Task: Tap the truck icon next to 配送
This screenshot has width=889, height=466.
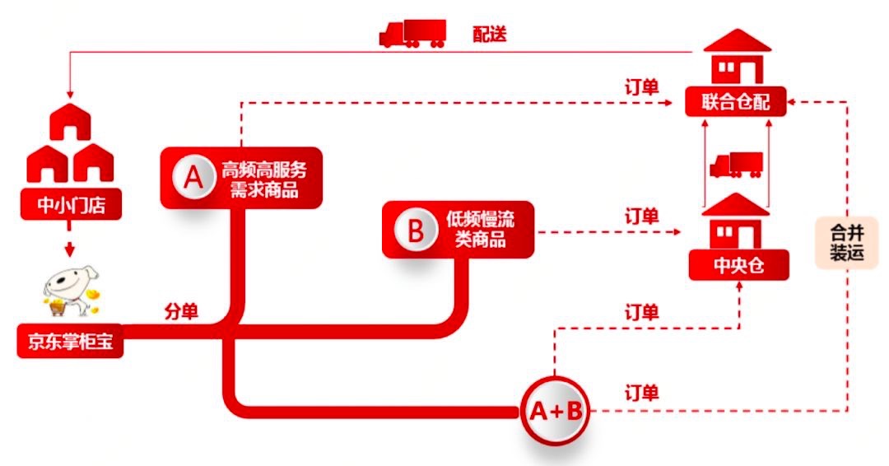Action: (412, 33)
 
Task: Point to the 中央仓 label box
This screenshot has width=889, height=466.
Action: (738, 265)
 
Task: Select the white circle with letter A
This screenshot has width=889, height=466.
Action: (193, 177)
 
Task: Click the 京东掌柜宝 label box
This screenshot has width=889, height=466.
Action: (69, 342)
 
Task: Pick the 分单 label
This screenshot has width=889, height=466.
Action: (181, 312)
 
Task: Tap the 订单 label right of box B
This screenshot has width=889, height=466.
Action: (641, 217)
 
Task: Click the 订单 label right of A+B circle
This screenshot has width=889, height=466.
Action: (641, 393)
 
